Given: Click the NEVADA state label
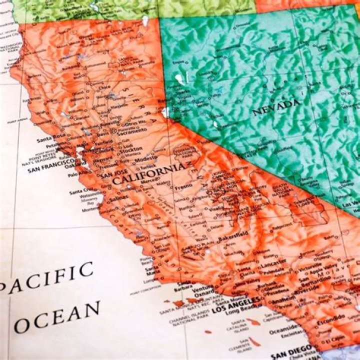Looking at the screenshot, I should [276, 106].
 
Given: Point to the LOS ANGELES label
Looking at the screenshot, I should [236, 304].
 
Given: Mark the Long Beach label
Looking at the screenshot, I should [240, 312].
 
